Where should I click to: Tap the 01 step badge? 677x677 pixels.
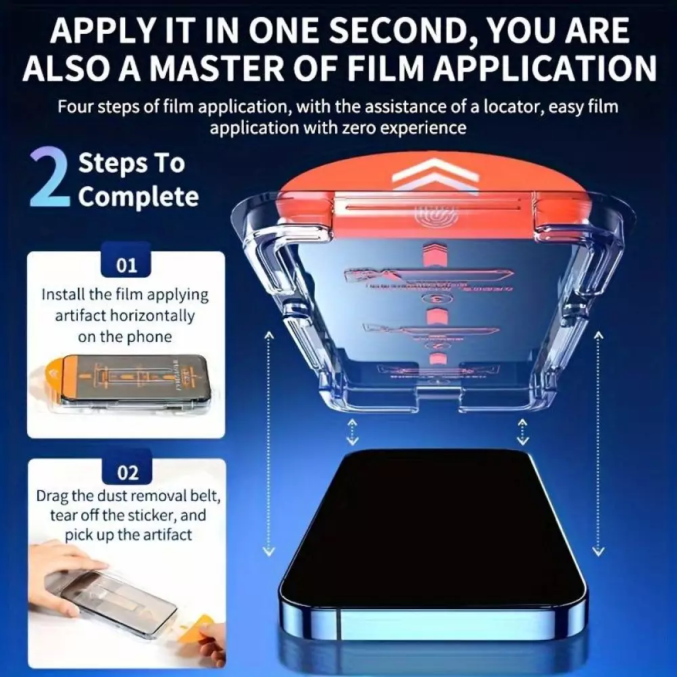pos(127,264)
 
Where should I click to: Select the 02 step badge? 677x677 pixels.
pos(127,471)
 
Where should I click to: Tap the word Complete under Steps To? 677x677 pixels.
pos(138,197)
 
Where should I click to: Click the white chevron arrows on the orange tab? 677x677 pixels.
pos(427,173)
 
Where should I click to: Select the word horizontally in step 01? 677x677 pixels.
pos(148,315)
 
